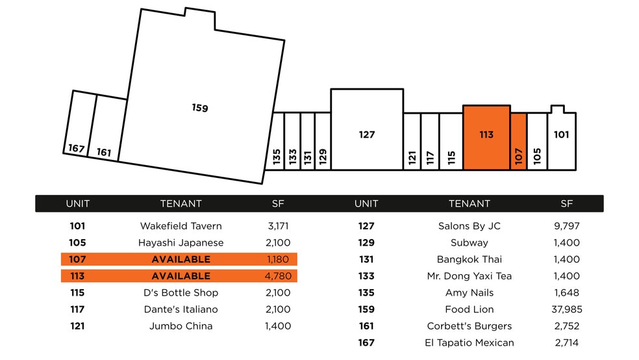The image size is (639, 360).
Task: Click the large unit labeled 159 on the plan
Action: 200,107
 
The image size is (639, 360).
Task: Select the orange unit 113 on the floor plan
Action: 486,135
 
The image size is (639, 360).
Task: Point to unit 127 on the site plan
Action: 367,135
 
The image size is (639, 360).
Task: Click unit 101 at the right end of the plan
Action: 562,135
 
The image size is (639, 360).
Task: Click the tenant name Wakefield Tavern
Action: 181,226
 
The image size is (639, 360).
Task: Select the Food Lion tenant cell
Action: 470,309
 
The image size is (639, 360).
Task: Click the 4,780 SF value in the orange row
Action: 278,276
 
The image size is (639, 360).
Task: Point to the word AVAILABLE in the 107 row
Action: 181,259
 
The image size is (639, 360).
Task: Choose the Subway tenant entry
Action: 470,243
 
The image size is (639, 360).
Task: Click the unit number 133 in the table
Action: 366,276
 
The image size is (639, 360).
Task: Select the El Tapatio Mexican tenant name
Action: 470,342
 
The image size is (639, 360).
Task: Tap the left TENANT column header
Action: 181,203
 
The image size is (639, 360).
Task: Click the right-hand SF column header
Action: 567,203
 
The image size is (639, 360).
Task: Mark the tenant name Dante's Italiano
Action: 181,309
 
